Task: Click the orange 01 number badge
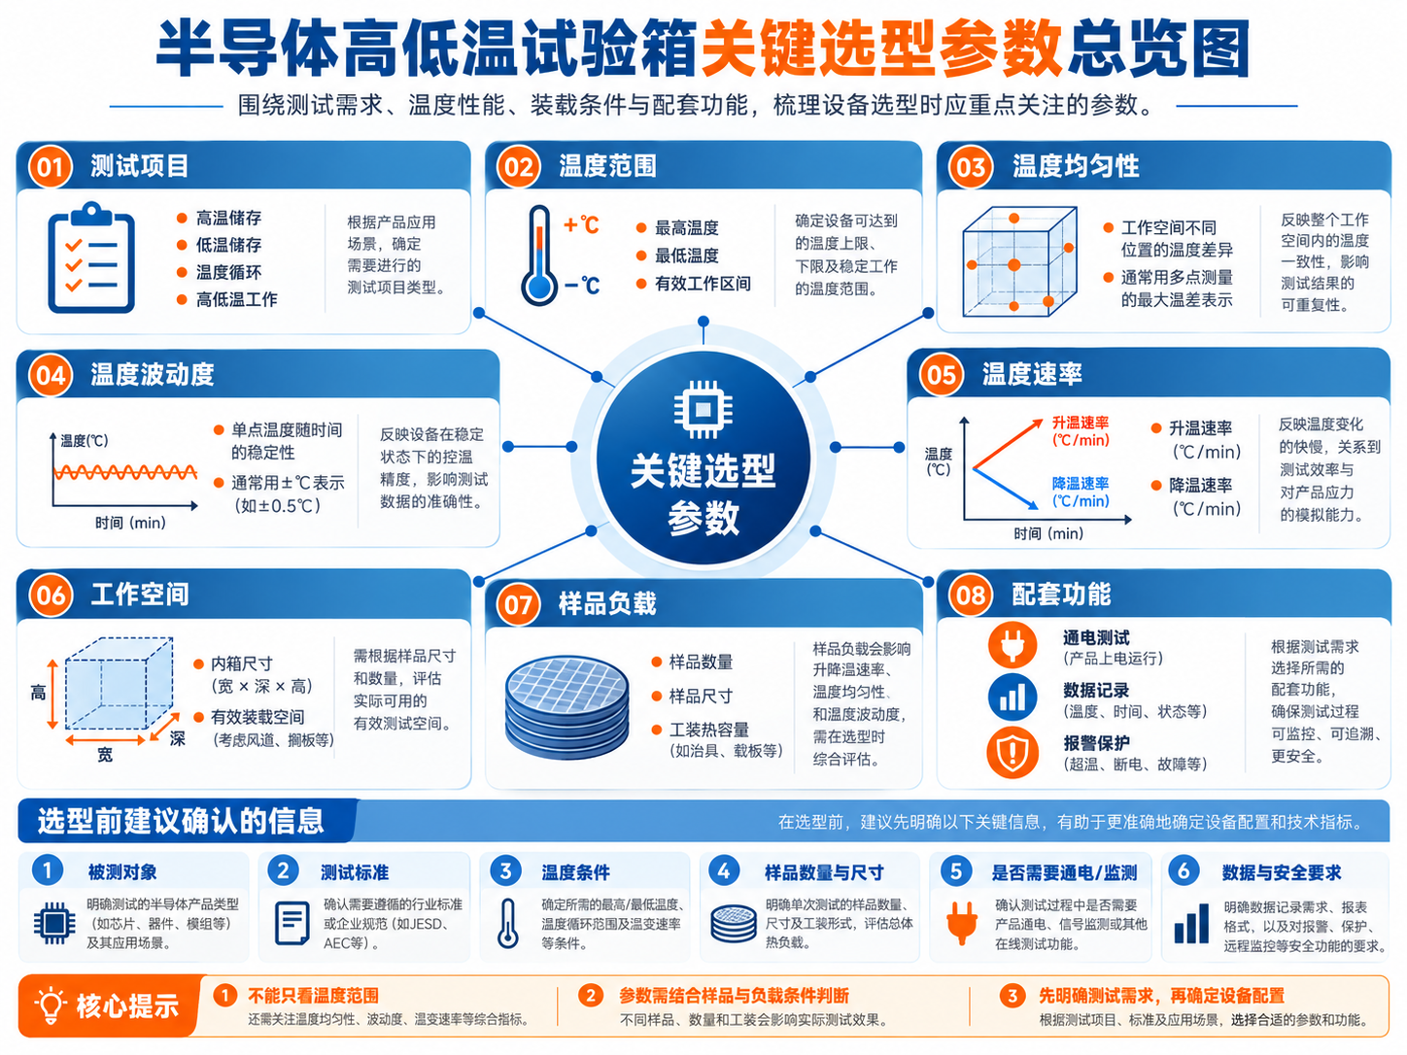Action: tap(50, 167)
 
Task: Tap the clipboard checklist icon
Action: tap(91, 257)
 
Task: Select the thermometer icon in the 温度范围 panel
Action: tap(539, 255)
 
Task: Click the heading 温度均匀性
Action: tap(1075, 166)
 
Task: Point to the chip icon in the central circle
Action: tap(703, 409)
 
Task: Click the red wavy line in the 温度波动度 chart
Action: tap(125, 473)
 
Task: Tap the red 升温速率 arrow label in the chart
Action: tap(1081, 431)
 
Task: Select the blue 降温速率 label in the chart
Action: tap(1081, 492)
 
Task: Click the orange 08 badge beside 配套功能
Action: tap(970, 596)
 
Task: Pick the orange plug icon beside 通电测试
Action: tap(1012, 644)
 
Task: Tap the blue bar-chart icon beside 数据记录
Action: tap(1012, 698)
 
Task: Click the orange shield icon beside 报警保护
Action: tap(1012, 752)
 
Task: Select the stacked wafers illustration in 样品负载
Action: tap(566, 706)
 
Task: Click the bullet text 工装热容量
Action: tap(709, 730)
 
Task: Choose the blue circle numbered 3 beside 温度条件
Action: tap(505, 871)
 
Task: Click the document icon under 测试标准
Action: tap(292, 923)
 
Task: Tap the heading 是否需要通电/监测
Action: tap(1064, 872)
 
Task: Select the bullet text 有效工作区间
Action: tap(703, 284)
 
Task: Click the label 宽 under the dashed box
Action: tap(105, 755)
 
